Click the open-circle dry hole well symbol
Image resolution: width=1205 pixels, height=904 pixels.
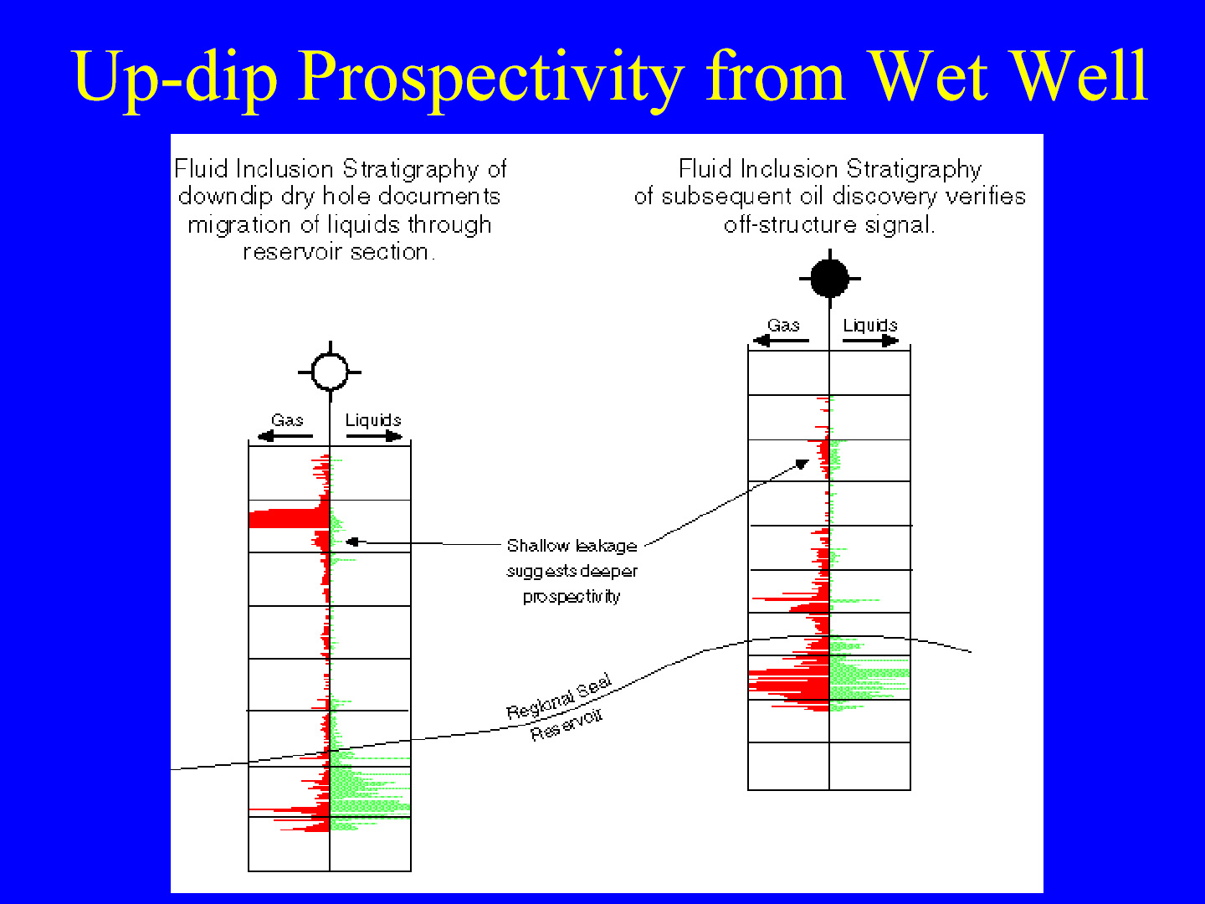click(330, 372)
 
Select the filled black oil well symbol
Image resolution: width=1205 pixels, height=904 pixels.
click(829, 278)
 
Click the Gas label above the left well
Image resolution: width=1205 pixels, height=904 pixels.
click(287, 420)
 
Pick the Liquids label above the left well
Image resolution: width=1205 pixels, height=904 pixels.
click(372, 420)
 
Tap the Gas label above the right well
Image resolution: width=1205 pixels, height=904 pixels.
click(783, 325)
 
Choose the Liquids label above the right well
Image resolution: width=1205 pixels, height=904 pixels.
click(870, 325)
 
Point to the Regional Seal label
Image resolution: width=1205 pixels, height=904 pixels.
click(559, 697)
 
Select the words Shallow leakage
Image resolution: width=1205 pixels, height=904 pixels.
click(572, 546)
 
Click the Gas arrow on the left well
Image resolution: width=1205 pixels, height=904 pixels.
click(285, 436)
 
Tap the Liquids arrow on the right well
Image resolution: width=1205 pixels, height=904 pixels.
click(870, 341)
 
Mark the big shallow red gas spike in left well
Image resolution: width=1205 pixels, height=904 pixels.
click(290, 519)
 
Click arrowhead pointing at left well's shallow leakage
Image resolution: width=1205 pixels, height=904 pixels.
click(352, 542)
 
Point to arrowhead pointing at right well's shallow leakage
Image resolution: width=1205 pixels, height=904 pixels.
click(802, 464)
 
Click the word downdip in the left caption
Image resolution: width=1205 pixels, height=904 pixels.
click(226, 196)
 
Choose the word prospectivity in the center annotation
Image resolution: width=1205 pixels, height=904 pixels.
click(572, 597)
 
